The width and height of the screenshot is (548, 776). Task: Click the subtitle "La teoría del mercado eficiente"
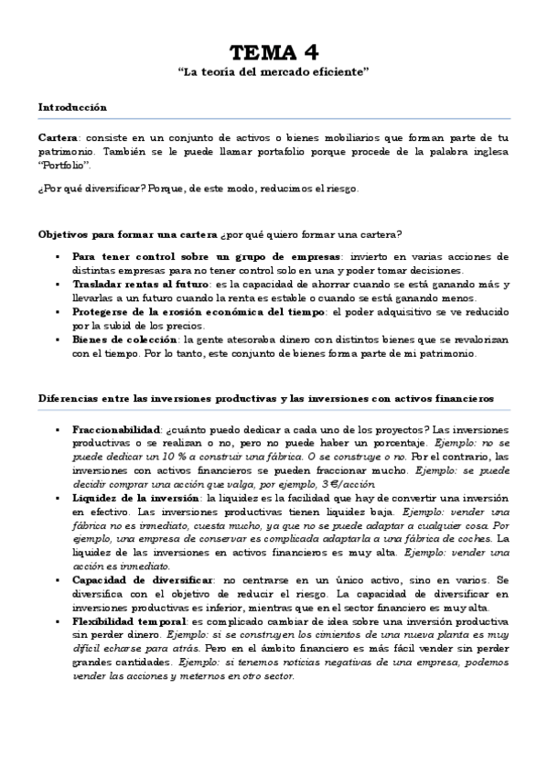coord(274,70)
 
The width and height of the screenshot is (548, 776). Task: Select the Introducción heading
coord(72,107)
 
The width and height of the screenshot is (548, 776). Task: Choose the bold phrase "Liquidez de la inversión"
coord(137,499)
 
